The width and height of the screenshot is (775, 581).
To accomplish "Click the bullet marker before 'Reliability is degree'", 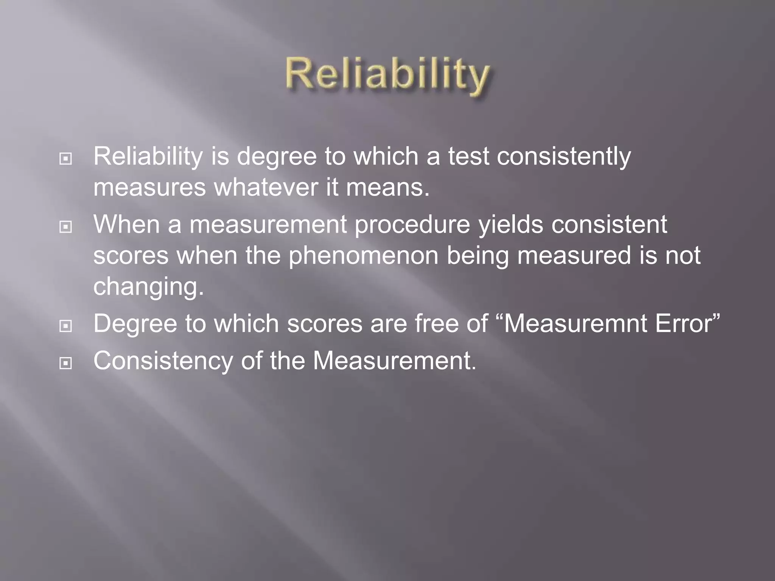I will point(66,159).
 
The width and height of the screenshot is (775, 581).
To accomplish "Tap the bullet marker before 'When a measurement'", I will point(66,227).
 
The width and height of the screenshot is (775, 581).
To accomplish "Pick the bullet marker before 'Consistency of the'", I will point(66,364).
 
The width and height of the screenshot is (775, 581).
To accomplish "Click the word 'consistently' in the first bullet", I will point(563,157).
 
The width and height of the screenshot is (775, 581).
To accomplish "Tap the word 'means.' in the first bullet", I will point(388,188).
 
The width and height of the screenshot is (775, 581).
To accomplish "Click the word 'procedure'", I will point(412,225).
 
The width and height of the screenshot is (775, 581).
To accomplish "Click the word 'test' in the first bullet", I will point(468,157).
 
